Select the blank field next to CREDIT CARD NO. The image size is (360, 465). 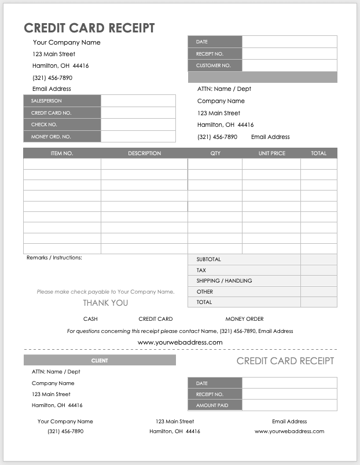[138, 113]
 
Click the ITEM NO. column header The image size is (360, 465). [62, 153]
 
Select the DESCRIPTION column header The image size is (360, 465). [144, 153]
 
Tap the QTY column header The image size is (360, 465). [215, 153]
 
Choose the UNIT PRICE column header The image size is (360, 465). [271, 153]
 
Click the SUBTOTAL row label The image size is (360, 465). [209, 259]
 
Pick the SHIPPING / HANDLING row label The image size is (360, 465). [224, 281]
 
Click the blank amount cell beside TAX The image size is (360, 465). [318, 270]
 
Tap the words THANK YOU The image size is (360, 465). [105, 303]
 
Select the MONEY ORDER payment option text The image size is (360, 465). [244, 319]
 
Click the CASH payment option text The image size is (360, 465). [90, 319]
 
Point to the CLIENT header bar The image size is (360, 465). [100, 361]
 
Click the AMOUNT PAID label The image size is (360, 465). [212, 405]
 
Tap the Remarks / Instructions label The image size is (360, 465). [54, 257]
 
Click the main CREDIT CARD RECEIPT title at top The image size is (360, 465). [89, 28]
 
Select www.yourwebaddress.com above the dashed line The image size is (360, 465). [180, 343]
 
